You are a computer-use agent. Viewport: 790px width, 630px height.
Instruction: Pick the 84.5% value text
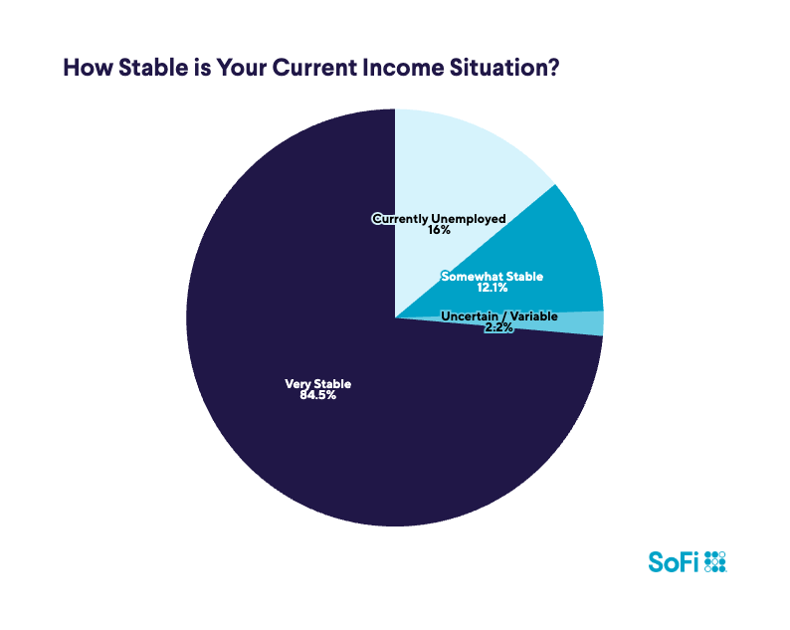(318, 396)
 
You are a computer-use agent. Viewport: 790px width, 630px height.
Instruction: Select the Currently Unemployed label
(439, 218)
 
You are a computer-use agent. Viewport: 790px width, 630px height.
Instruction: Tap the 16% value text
(439, 230)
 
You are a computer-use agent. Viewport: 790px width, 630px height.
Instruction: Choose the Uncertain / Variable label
(498, 315)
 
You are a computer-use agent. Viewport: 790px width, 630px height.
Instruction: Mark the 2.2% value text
(498, 327)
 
